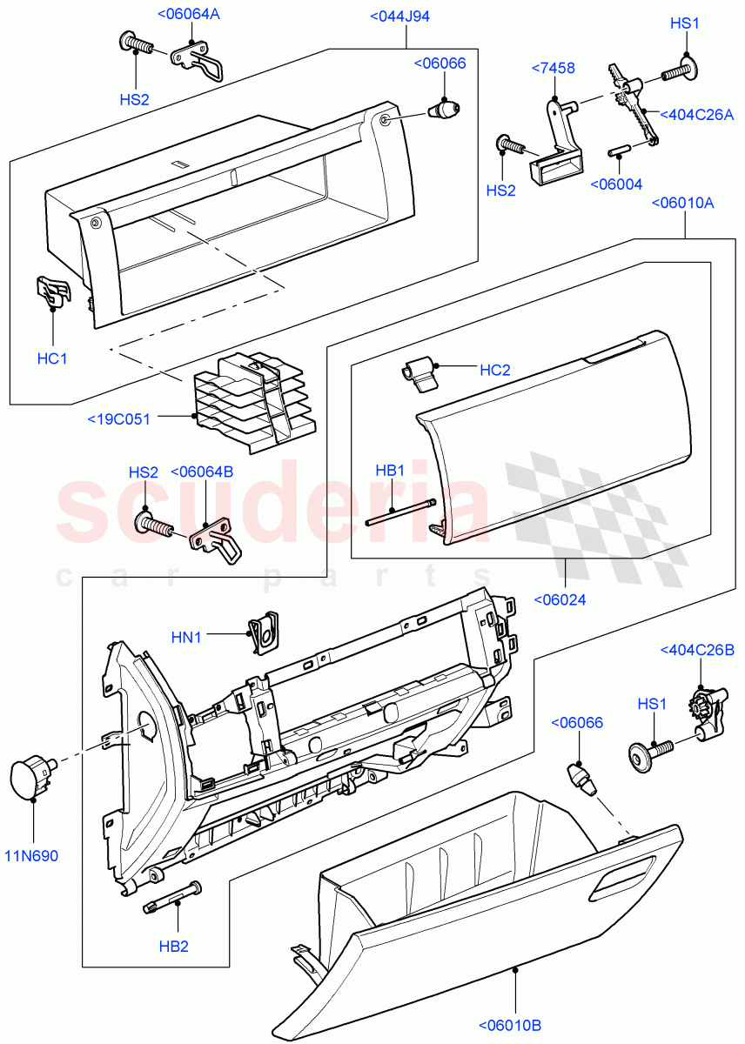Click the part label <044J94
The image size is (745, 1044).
pyautogui.click(x=399, y=17)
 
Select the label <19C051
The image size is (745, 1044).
pyautogui.click(x=118, y=419)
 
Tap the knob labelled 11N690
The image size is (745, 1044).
pyautogui.click(x=30, y=775)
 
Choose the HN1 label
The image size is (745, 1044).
pyautogui.click(x=186, y=638)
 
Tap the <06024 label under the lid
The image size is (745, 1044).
pyautogui.click(x=559, y=599)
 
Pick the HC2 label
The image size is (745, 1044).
pyautogui.click(x=495, y=370)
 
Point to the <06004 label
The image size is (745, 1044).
pyautogui.click(x=616, y=184)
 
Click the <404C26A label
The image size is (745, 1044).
pyautogui.click(x=697, y=114)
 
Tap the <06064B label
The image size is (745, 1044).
pyautogui.click(x=203, y=472)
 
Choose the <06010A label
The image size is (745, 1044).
pyautogui.click(x=682, y=203)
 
